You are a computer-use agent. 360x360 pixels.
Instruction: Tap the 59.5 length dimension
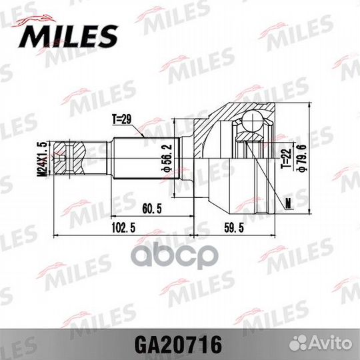[x=231, y=227]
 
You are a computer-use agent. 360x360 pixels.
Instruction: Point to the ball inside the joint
[x=251, y=121]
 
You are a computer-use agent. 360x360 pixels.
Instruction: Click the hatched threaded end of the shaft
[x=69, y=157]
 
